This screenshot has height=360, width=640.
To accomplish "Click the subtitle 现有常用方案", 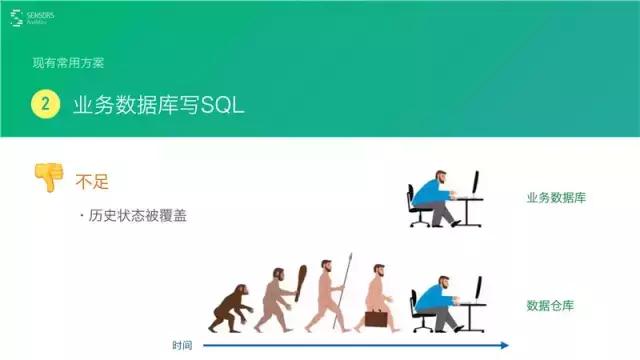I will click(68, 63).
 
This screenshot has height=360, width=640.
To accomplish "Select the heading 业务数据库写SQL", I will click(158, 105).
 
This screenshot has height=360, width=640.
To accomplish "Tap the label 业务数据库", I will click(555, 198).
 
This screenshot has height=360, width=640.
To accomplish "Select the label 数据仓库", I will click(549, 305).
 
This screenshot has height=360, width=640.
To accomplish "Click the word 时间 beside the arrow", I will click(182, 346).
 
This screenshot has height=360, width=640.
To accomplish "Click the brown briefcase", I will click(376, 318).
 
